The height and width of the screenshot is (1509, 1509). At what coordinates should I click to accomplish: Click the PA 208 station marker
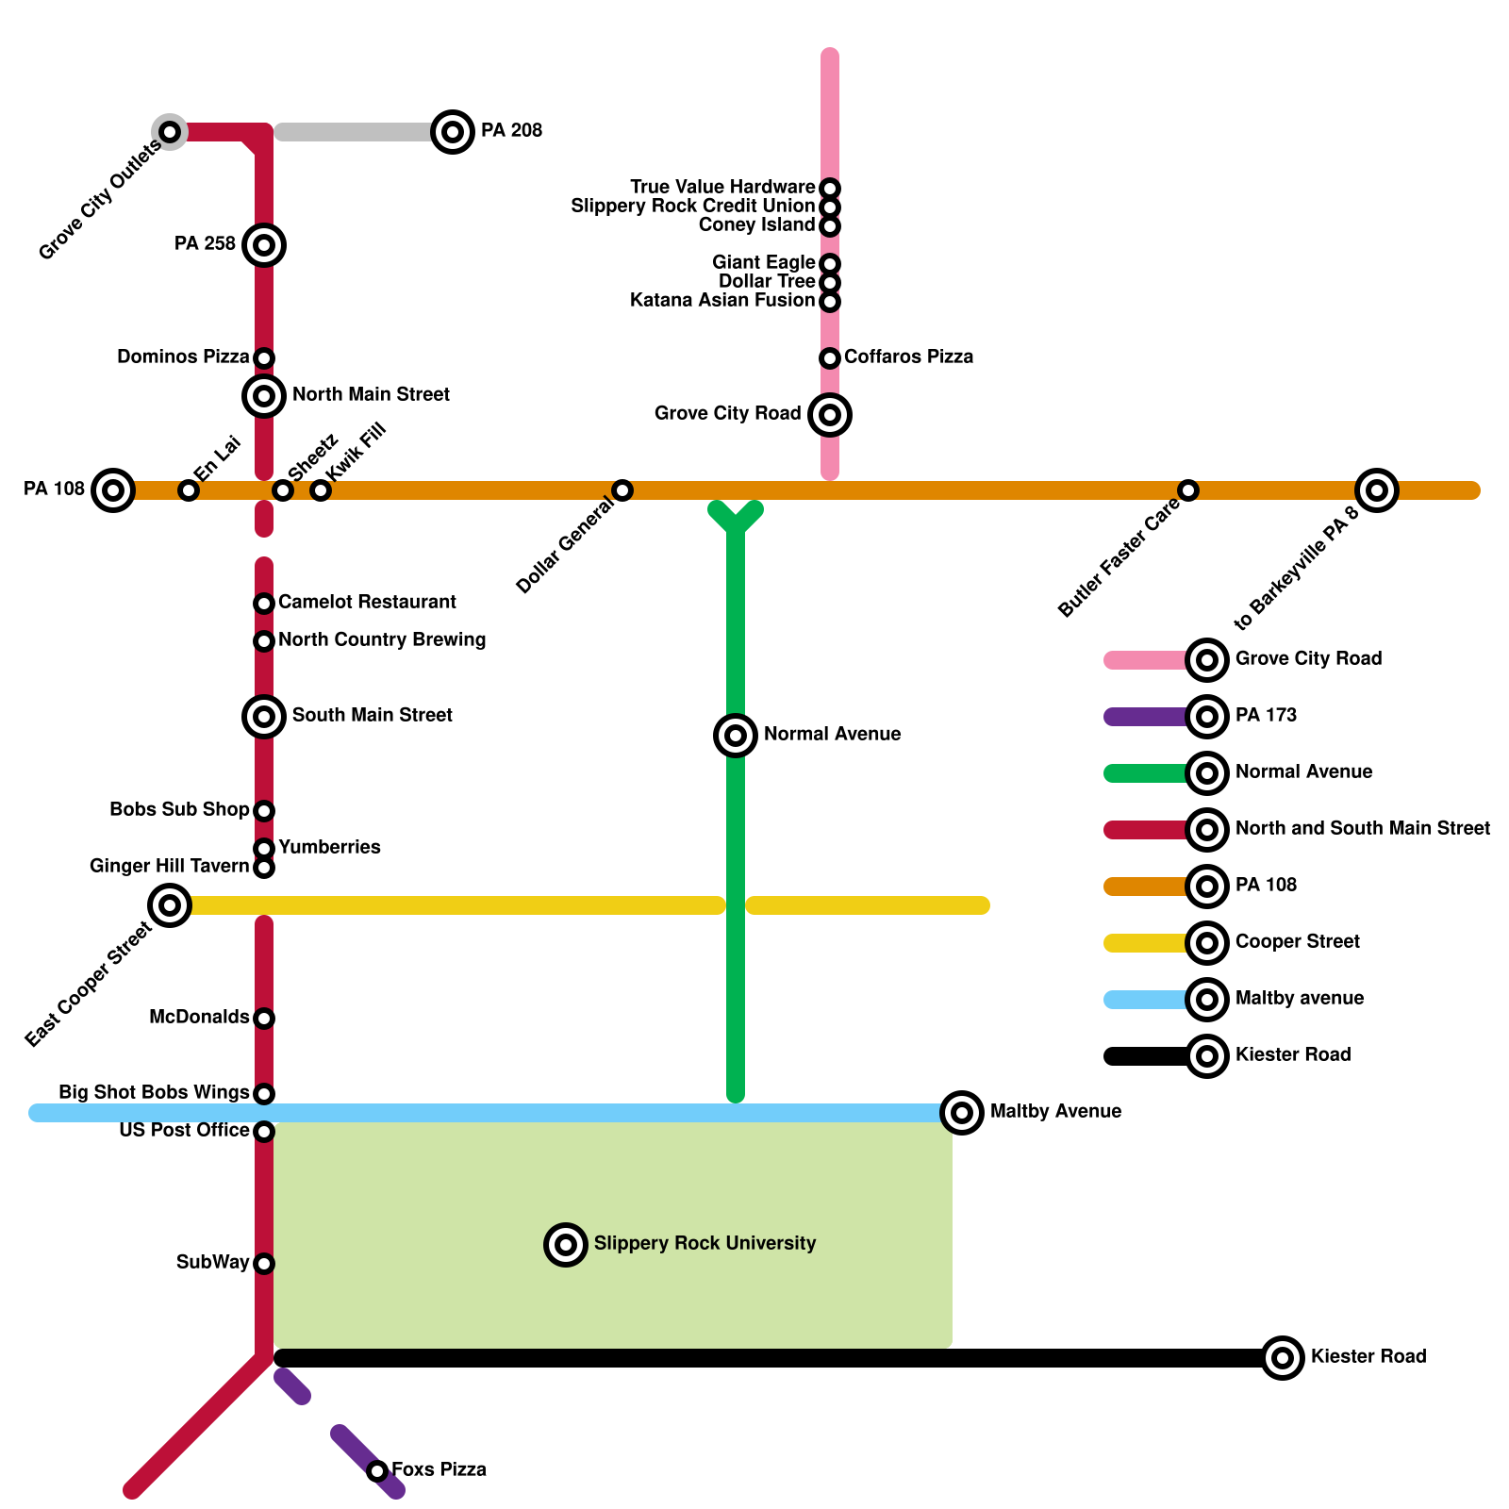click(x=453, y=132)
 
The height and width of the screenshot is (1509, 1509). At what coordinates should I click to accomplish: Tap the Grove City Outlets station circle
click(x=170, y=132)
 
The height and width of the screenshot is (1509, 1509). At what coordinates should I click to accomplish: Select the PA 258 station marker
click(x=264, y=245)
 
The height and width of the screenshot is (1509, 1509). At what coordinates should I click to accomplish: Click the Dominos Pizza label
click(x=183, y=357)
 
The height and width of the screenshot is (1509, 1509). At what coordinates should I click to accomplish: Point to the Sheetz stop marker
click(x=283, y=490)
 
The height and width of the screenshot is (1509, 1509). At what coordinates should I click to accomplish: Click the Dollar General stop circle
click(x=622, y=490)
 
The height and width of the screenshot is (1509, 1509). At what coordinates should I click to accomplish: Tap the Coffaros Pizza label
click(x=908, y=357)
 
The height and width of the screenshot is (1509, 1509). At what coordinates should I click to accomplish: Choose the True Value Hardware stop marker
click(x=830, y=189)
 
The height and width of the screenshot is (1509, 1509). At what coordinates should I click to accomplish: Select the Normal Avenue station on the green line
click(x=736, y=736)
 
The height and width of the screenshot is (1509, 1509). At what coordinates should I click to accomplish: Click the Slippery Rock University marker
click(x=566, y=1245)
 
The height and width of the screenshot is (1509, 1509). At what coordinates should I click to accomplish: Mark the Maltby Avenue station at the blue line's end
click(x=962, y=1113)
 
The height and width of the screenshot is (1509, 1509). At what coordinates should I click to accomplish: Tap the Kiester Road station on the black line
click(x=1283, y=1358)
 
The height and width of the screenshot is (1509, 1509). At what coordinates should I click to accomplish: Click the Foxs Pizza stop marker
click(x=377, y=1471)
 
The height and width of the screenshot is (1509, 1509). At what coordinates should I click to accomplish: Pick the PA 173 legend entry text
click(x=1266, y=716)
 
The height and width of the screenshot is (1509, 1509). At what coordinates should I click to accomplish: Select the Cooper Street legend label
click(x=1297, y=942)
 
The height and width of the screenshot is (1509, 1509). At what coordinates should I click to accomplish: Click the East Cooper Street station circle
click(x=170, y=905)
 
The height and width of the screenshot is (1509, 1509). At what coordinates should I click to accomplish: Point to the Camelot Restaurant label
click(x=367, y=603)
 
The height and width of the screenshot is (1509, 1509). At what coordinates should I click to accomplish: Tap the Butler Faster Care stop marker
click(x=1188, y=490)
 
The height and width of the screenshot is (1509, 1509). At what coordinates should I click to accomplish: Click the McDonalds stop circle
click(x=264, y=1019)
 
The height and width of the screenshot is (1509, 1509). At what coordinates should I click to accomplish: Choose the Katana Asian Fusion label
click(x=721, y=301)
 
